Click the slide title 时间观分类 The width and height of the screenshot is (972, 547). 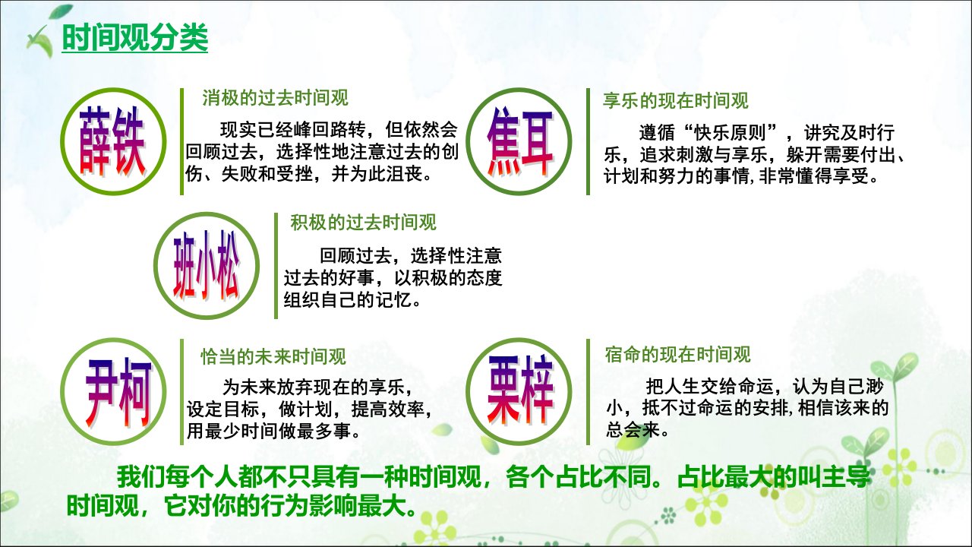click(135, 38)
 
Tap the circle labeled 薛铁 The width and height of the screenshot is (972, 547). click(113, 141)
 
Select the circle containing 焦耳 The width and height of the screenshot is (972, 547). click(519, 141)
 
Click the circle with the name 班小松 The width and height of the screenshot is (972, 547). click(207, 265)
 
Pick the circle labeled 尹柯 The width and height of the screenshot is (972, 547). click(113, 391)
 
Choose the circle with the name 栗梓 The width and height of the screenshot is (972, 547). click(519, 391)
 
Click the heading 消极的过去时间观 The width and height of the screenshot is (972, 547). click(275, 98)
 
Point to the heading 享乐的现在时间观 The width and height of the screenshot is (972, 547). click(676, 101)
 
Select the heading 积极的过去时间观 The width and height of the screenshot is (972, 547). click(363, 223)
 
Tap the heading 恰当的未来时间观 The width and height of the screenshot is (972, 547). click(273, 357)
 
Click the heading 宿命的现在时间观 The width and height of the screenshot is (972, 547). click(678, 355)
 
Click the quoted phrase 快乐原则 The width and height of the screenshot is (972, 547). click(731, 133)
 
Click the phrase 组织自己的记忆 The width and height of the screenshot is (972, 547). click(348, 300)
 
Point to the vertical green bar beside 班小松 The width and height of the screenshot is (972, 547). click(276, 266)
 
